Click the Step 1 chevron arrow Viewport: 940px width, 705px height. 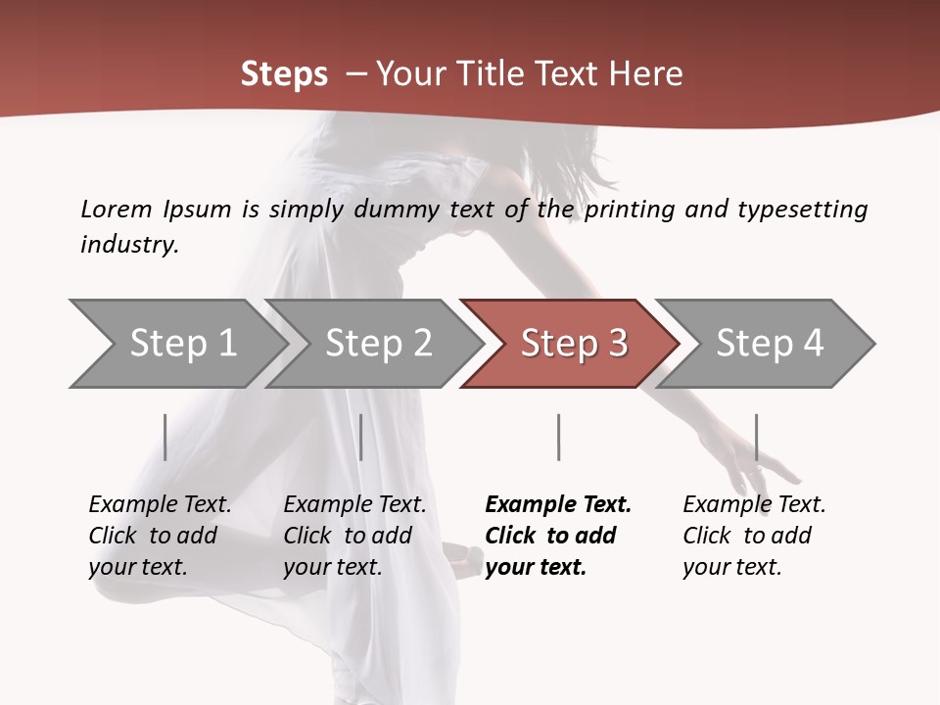pyautogui.click(x=176, y=344)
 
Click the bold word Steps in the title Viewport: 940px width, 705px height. pyautogui.click(x=284, y=74)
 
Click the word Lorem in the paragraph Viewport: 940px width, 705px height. pyautogui.click(x=117, y=209)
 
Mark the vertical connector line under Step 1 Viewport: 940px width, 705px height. pyautogui.click(x=165, y=437)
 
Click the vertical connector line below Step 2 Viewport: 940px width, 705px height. pyautogui.click(x=361, y=437)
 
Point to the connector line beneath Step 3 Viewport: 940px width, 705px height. pyautogui.click(x=558, y=437)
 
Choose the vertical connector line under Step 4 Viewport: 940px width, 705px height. pyautogui.click(x=756, y=437)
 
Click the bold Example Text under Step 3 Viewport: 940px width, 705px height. pyautogui.click(x=558, y=505)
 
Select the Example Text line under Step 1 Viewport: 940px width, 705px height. pyautogui.click(x=160, y=505)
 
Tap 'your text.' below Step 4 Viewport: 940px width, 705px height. pyautogui.click(x=731, y=567)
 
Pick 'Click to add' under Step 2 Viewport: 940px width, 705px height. pyautogui.click(x=348, y=536)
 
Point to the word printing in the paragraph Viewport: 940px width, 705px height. pyautogui.click(x=630, y=210)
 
